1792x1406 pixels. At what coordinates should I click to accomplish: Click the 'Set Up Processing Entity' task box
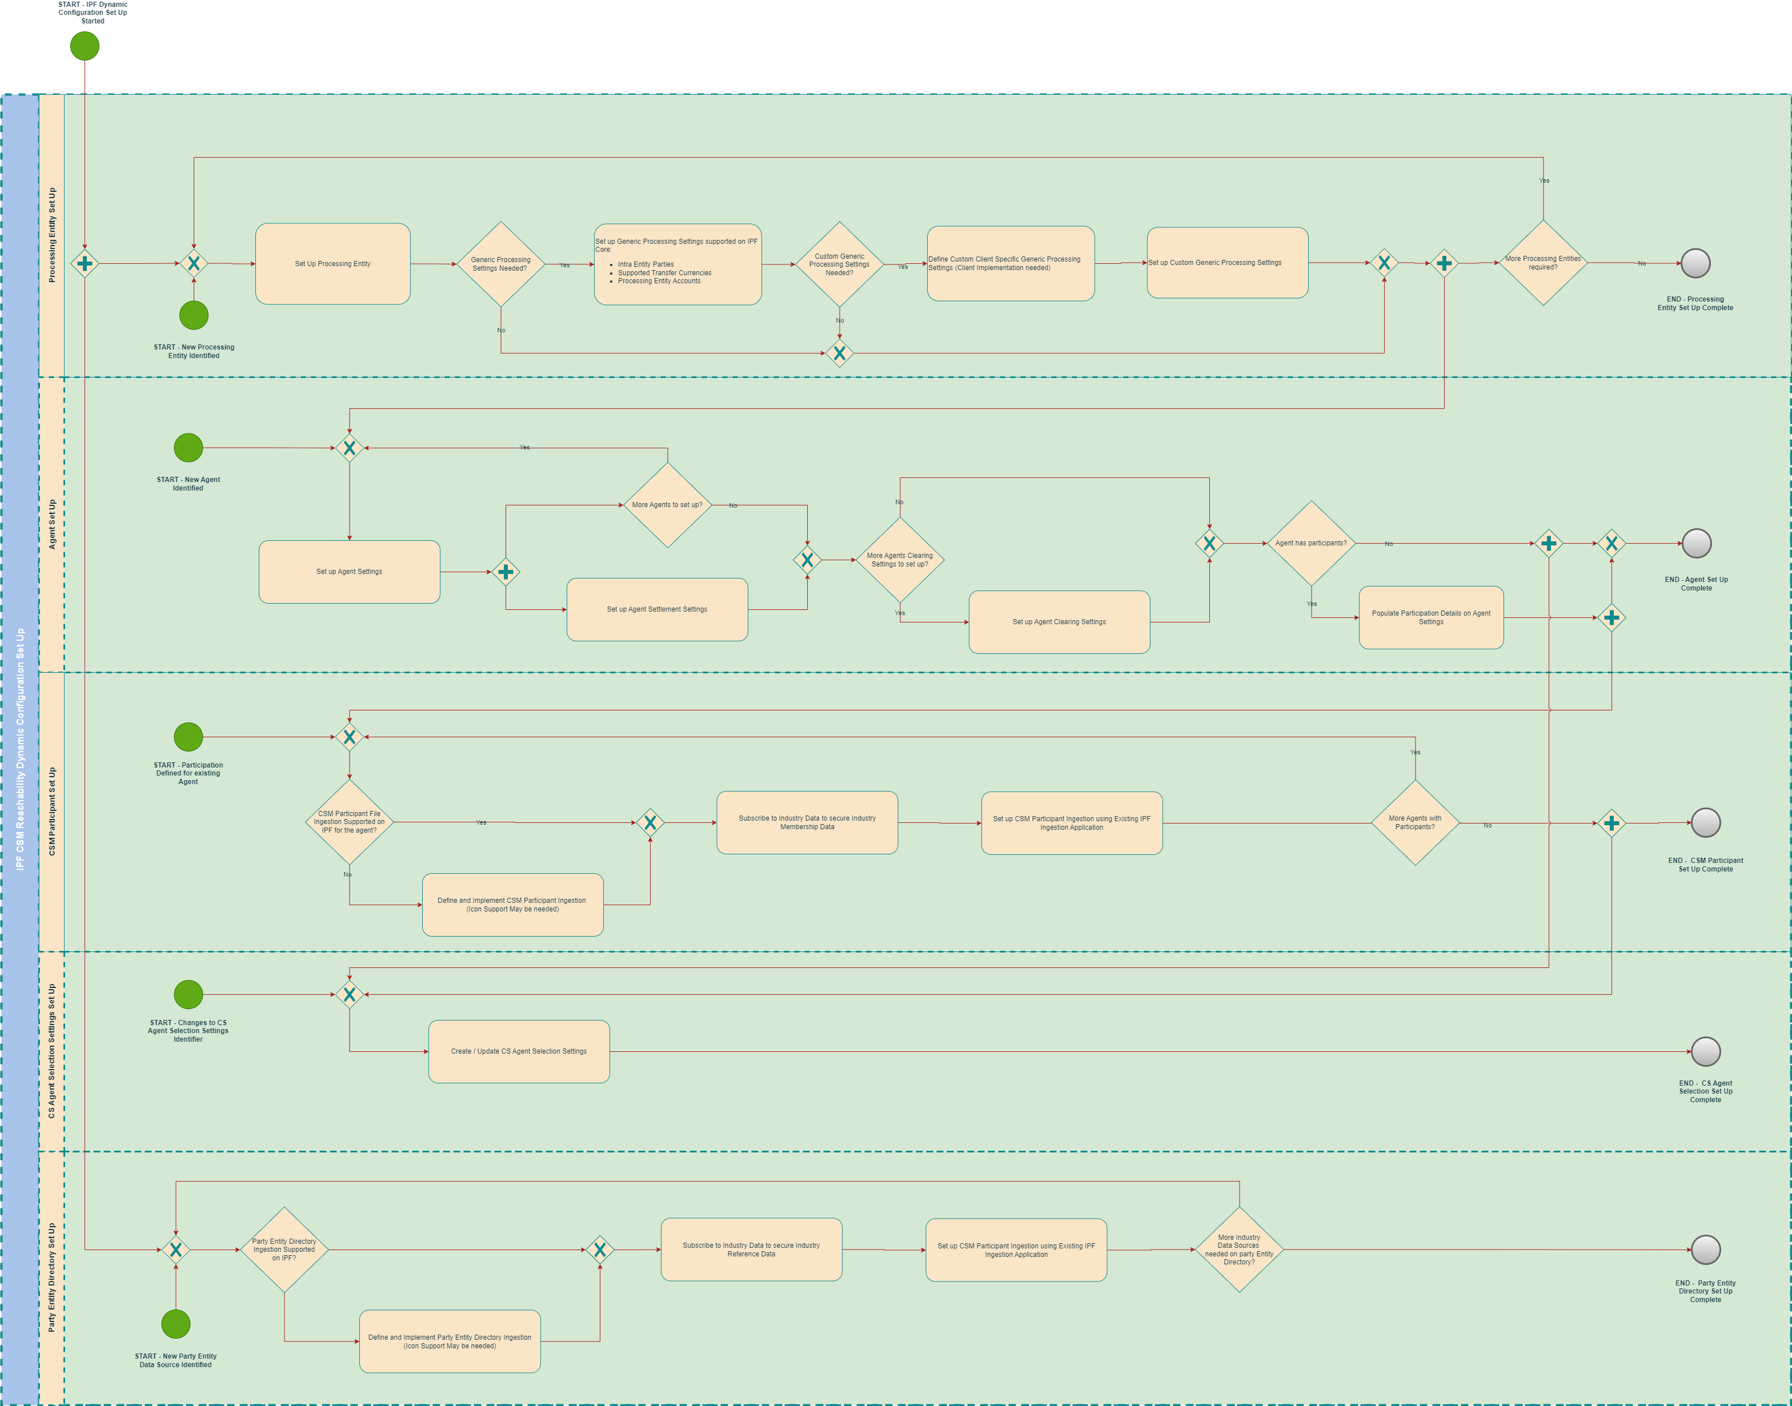332,263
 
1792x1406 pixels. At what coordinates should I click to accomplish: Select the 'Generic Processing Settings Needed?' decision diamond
501,263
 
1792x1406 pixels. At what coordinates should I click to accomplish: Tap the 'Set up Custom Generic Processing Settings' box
1227,263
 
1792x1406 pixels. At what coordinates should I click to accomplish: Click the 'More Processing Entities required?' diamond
1542,263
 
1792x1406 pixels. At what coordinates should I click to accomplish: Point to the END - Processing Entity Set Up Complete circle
1695,263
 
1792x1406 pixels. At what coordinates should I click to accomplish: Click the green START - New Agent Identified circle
189,448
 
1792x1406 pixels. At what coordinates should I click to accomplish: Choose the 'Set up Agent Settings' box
349,571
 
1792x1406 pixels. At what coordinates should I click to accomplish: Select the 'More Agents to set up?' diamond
667,505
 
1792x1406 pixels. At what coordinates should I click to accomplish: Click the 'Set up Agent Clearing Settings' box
1059,621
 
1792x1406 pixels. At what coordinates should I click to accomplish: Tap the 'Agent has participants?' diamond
1311,543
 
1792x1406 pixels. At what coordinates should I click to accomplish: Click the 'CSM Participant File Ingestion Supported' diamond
349,822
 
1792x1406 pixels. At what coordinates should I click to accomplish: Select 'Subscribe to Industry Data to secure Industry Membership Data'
807,822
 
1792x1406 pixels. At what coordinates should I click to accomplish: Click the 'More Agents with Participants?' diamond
1415,822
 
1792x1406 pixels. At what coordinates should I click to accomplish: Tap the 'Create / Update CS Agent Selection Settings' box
519,1051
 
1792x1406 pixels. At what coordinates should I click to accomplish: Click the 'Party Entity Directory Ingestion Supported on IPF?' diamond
284,1250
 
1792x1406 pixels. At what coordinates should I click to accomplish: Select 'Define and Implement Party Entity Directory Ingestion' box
450,1341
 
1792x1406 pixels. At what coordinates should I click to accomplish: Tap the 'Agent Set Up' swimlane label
52,524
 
